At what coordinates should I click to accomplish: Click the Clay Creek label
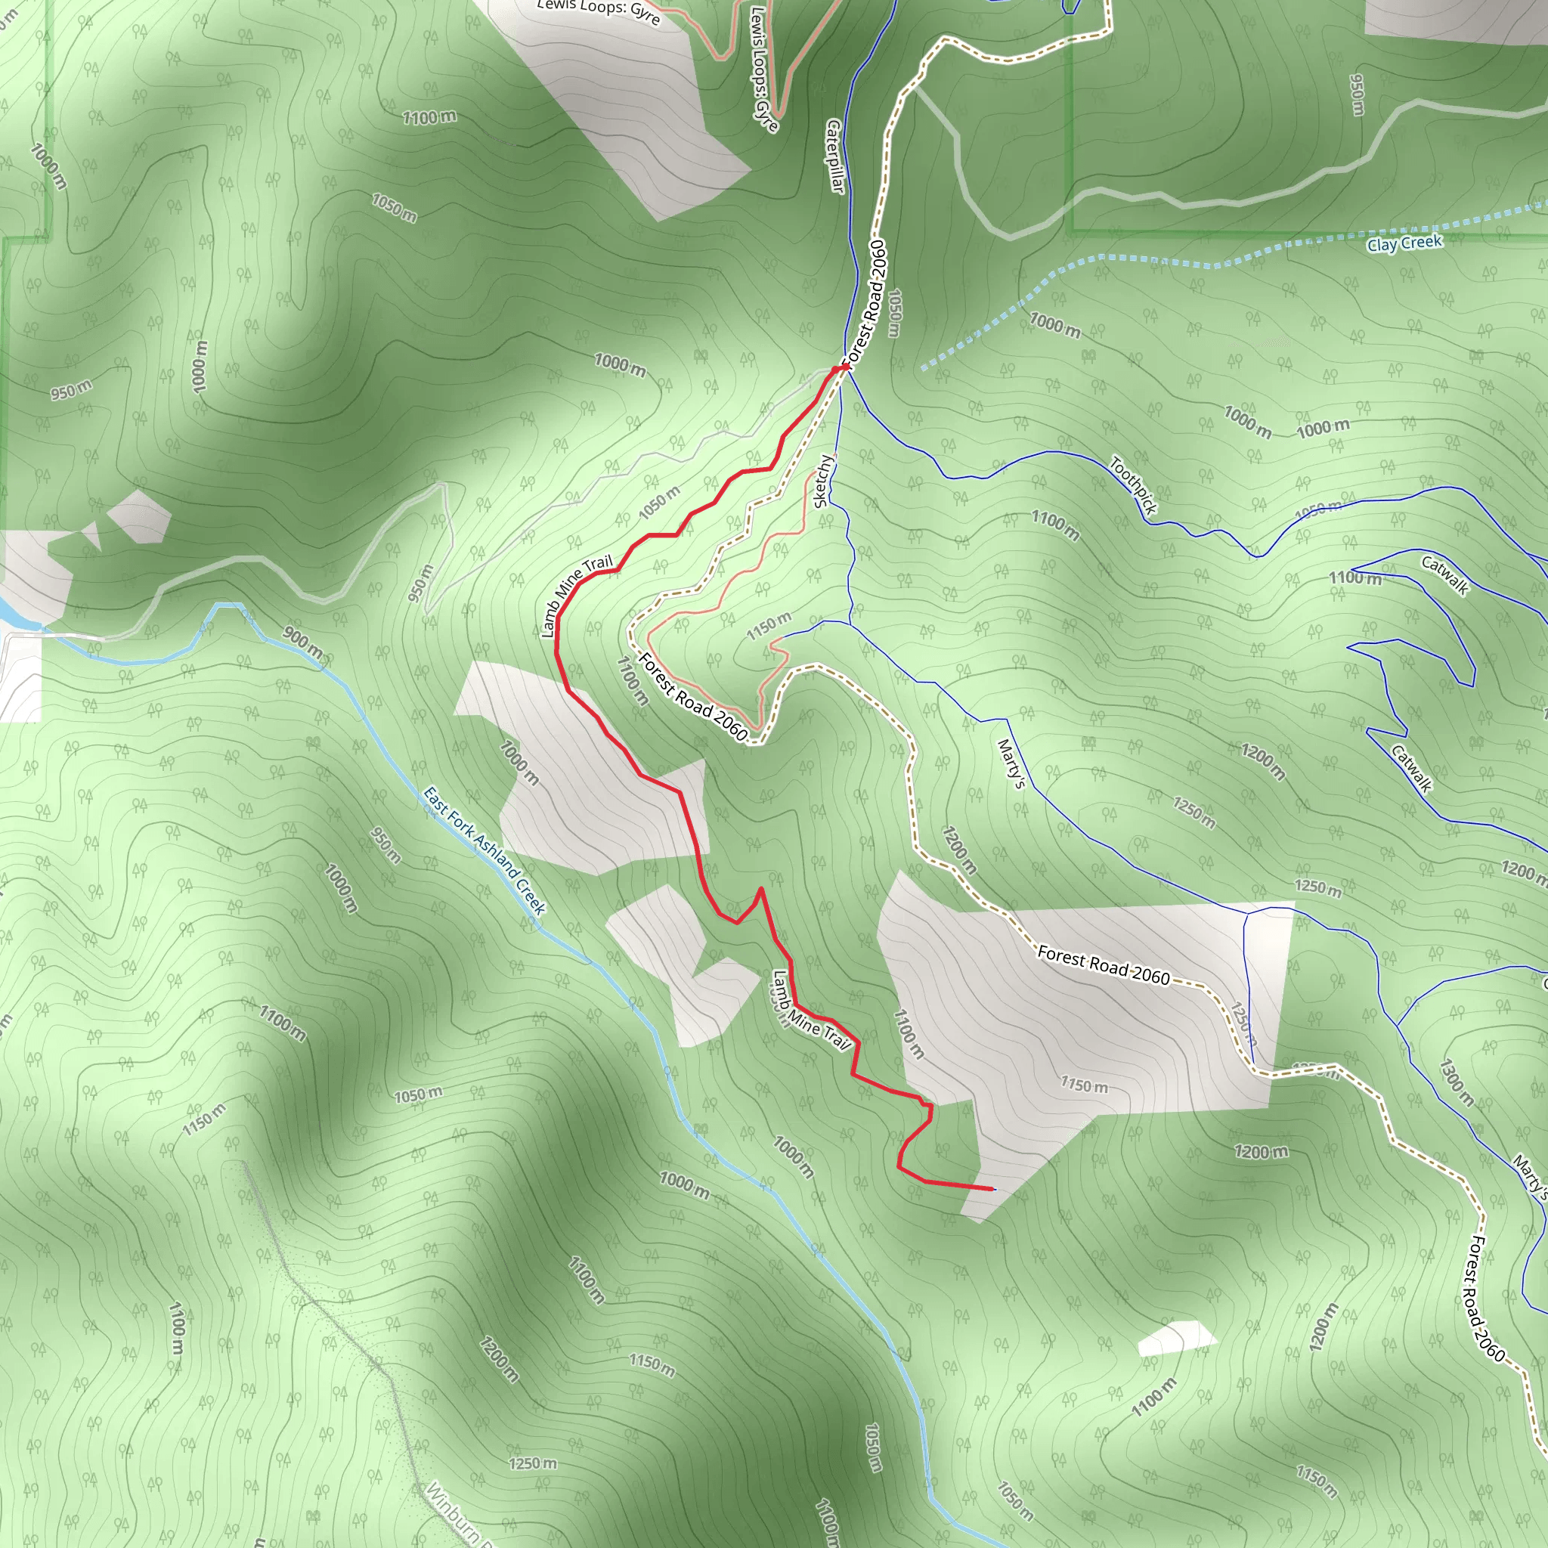[1404, 243]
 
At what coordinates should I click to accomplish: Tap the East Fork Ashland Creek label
[484, 851]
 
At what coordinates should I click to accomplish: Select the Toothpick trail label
[1133, 485]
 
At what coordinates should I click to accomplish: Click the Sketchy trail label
[823, 481]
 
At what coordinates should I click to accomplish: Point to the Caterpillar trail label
[835, 156]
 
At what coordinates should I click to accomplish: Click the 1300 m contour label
[1456, 1083]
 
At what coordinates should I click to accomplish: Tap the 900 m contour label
[303, 643]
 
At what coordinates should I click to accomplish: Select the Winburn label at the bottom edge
[453, 1514]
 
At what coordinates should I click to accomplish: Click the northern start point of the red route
[843, 367]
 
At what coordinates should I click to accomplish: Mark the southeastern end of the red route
[992, 1188]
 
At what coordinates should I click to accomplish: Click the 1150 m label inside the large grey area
[1084, 1085]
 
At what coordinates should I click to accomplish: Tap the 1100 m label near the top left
[429, 118]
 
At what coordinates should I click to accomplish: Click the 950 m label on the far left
[71, 390]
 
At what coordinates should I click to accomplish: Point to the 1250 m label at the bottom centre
[533, 1464]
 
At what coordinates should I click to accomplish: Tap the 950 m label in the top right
[1357, 94]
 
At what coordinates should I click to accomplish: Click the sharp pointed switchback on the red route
[760, 889]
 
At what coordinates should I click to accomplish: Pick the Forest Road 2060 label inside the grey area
[1104, 964]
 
